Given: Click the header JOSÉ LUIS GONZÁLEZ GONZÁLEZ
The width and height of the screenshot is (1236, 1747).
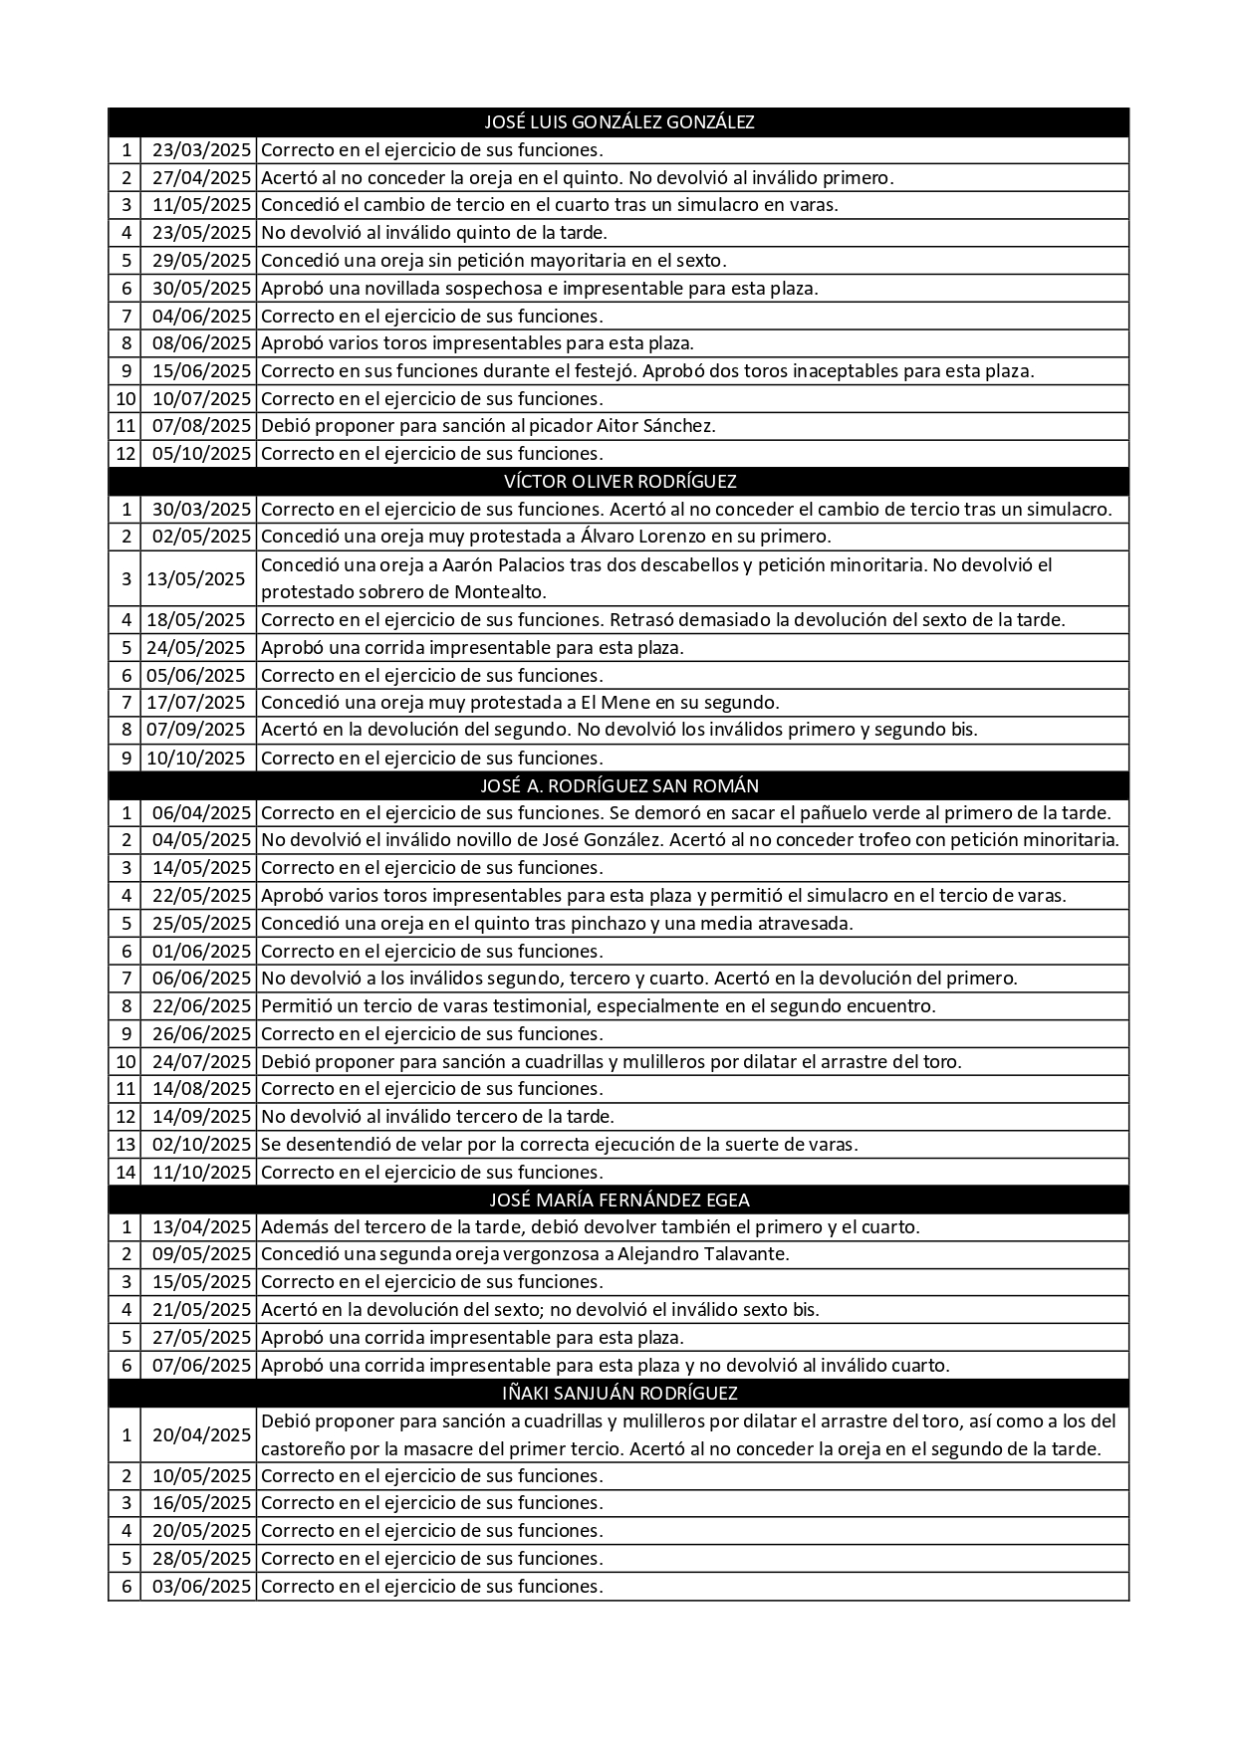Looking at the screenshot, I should click(618, 122).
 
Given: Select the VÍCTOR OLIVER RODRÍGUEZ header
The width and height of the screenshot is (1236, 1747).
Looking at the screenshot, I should click(618, 482).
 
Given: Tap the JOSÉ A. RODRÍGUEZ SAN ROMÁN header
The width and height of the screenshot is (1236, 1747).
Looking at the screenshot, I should click(618, 785).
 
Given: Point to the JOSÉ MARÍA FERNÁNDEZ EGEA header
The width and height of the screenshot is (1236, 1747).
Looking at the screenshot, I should click(618, 1200).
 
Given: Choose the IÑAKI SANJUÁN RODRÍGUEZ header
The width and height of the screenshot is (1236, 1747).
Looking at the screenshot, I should click(618, 1393).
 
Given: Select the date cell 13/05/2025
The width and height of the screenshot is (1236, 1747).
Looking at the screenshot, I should click(196, 578).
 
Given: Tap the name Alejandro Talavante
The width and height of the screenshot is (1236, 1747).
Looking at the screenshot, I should click(703, 1254).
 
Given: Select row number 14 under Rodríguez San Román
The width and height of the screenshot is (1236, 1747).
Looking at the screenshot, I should click(125, 1172).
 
